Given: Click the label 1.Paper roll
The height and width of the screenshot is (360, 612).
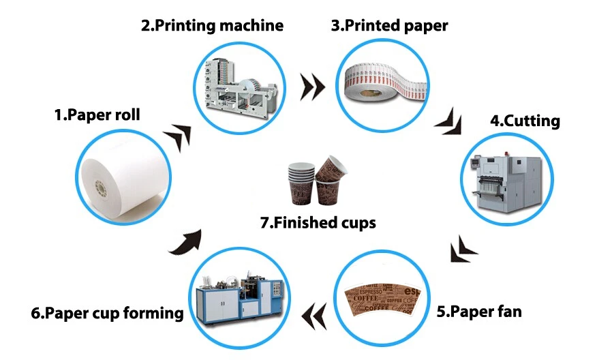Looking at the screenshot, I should (97, 115).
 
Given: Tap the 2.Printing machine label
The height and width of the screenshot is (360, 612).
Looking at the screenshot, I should (211, 27).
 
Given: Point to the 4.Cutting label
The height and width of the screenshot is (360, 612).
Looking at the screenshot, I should (525, 121).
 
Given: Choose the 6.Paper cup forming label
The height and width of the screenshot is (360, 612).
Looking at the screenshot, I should (107, 313).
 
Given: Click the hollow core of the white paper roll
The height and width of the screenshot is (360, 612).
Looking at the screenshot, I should (102, 185).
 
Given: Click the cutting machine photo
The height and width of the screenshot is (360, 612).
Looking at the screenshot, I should (508, 179).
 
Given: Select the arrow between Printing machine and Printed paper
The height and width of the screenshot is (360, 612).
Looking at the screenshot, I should (312, 85).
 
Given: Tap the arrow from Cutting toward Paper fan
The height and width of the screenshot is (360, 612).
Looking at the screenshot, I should (463, 248).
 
